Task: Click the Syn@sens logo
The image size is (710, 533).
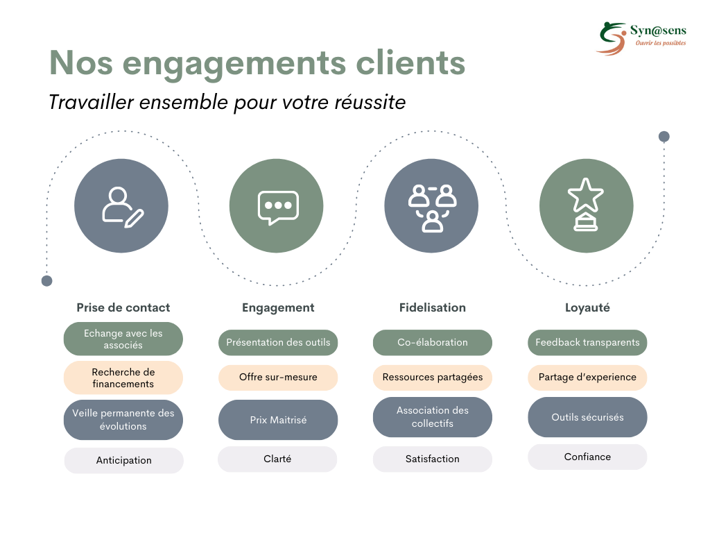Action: pyautogui.click(x=641, y=39)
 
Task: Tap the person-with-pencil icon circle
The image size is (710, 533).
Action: pyautogui.click(x=121, y=206)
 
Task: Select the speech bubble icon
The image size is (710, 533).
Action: pyautogui.click(x=277, y=206)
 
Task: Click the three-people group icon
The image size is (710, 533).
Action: pyautogui.click(x=431, y=206)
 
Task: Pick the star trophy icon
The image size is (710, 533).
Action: pyautogui.click(x=587, y=206)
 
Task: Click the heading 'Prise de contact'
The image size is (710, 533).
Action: pyautogui.click(x=123, y=307)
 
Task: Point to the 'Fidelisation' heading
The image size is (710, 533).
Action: pyautogui.click(x=433, y=307)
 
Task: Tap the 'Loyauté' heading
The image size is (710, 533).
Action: pyautogui.click(x=587, y=307)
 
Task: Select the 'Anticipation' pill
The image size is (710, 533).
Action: pyautogui.click(x=123, y=460)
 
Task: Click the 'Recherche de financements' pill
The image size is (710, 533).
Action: pyautogui.click(x=123, y=378)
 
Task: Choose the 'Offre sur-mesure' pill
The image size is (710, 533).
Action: pyautogui.click(x=278, y=377)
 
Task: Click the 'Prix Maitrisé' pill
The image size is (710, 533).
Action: pyautogui.click(x=278, y=420)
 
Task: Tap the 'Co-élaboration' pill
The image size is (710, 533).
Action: pyautogui.click(x=433, y=342)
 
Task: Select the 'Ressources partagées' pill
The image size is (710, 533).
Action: pyautogui.click(x=433, y=377)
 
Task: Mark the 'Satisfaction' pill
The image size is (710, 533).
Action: pyautogui.click(x=433, y=459)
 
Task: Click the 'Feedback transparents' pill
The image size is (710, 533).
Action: pyautogui.click(x=587, y=342)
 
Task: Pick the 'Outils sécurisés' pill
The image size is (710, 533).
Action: pyautogui.click(x=587, y=417)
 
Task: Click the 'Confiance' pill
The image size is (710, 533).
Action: pyautogui.click(x=587, y=457)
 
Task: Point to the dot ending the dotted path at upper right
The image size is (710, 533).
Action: pyautogui.click(x=664, y=137)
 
